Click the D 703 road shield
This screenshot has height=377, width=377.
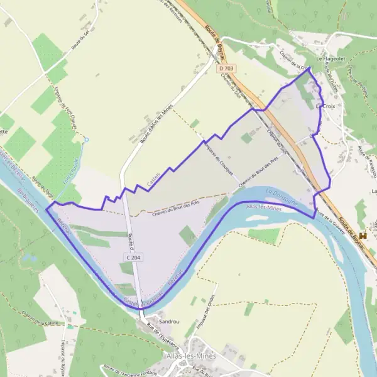click(228, 67)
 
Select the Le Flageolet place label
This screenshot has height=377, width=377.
click(327, 58)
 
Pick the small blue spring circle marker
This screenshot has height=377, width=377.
click(87, 139)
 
